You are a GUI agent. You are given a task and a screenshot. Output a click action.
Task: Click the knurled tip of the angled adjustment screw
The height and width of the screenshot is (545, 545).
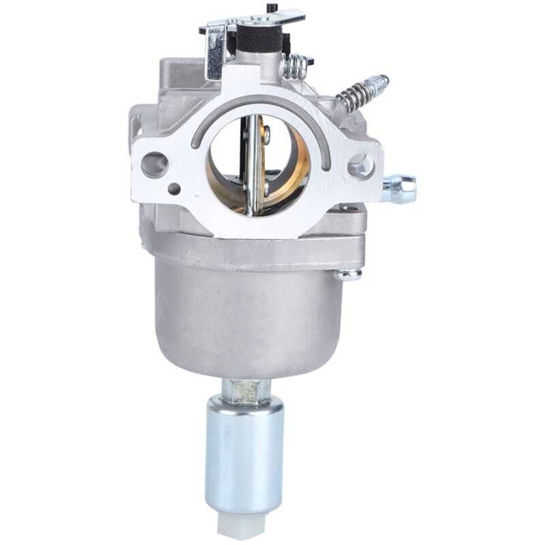378,84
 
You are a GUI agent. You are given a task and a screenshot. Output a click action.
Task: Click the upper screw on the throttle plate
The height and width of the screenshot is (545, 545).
266,136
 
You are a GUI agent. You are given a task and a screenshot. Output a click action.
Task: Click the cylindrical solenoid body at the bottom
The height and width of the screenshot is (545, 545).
244,453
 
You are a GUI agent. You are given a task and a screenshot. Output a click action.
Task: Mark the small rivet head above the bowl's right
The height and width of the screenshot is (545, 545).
349,274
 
